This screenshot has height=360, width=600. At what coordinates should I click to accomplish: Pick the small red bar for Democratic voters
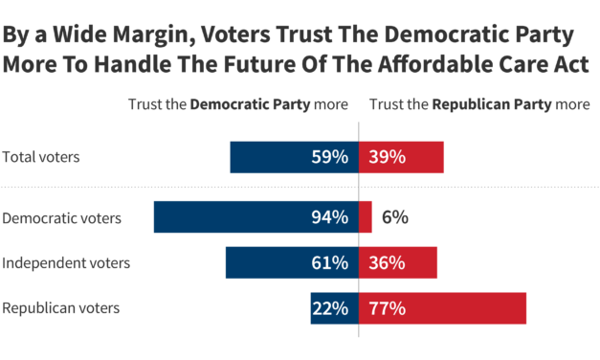tap(366, 217)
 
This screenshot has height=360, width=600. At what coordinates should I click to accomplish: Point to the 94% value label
tap(329, 217)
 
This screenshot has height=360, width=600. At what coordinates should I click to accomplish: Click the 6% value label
tap(394, 217)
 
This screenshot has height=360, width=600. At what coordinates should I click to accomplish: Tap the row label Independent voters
tap(66, 263)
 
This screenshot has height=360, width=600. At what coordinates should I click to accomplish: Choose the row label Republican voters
tap(61, 308)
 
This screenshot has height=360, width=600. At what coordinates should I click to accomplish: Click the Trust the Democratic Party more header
tap(238, 104)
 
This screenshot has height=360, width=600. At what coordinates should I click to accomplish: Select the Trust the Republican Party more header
tap(479, 104)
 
